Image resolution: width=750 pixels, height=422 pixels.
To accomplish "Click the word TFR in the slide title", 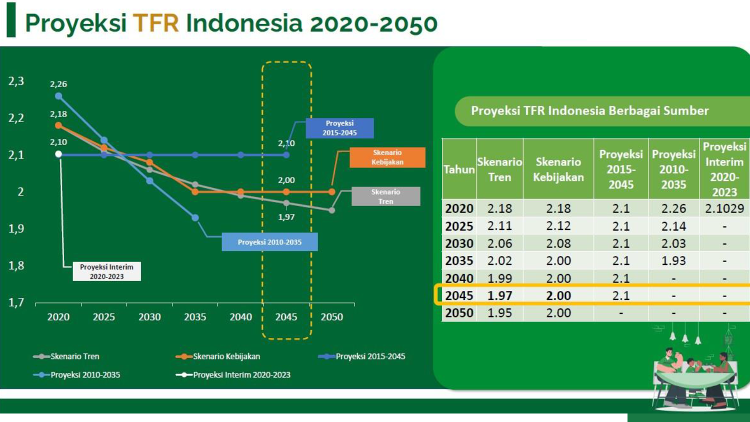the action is tap(155, 23).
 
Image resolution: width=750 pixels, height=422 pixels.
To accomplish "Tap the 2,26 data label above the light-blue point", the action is tap(58, 84).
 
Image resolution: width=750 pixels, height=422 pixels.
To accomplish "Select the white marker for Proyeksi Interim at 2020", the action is tap(58, 154).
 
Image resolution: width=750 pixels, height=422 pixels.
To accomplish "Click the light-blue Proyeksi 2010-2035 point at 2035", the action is tap(195, 217).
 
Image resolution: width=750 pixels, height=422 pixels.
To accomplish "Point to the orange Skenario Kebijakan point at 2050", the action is tap(331, 192).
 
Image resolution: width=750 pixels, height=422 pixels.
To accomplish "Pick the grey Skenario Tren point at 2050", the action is tap(331, 210).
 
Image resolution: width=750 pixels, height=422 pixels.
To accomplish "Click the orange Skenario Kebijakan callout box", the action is tap(387, 157).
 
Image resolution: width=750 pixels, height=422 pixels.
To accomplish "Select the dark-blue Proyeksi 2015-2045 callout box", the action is tap(339, 128).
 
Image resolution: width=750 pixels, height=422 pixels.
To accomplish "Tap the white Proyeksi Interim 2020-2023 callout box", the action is tap(107, 271).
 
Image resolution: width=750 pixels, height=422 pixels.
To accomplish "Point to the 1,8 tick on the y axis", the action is tap(16, 265).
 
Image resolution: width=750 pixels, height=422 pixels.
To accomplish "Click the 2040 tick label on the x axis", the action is tap(240, 317).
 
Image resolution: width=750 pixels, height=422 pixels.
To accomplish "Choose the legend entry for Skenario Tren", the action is tap(66, 356).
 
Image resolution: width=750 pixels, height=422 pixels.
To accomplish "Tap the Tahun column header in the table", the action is tap(459, 169).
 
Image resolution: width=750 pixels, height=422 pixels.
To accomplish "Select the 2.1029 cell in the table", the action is tap(724, 208).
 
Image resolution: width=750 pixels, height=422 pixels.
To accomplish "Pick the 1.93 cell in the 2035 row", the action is tap(673, 260).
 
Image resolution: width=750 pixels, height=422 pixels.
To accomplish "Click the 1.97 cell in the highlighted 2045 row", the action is tap(499, 295).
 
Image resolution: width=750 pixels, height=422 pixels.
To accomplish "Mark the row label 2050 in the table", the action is tap(459, 313).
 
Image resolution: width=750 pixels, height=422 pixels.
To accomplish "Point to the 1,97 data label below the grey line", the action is tap(286, 217).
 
